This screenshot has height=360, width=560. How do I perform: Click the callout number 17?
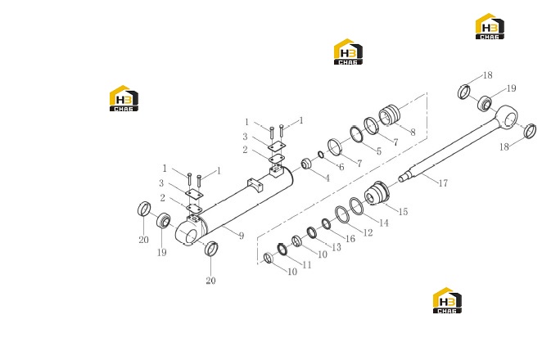pyautogui.click(x=443, y=183)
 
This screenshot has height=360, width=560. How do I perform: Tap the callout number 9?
pyautogui.click(x=242, y=236)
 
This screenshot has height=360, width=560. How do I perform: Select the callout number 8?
pyautogui.click(x=413, y=133)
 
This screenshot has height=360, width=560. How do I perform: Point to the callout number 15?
pyautogui.click(x=403, y=212)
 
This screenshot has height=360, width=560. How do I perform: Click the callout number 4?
pyautogui.click(x=327, y=178)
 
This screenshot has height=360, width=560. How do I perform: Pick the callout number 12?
pyautogui.click(x=368, y=232)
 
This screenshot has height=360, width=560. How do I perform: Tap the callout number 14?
pyautogui.click(x=384, y=223)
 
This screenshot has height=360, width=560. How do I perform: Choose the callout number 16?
pyautogui.click(x=350, y=239)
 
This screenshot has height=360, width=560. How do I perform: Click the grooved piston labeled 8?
pyautogui.click(x=391, y=115)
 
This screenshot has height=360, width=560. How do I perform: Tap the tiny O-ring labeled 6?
pyautogui.click(x=321, y=155)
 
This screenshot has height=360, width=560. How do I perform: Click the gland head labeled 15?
pyautogui.click(x=377, y=194)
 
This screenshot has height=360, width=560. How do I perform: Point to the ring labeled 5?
pyautogui.click(x=356, y=134)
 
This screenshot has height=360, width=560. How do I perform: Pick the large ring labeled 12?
pyautogui.click(x=341, y=215)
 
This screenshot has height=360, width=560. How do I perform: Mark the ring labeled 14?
pyautogui.click(x=356, y=206)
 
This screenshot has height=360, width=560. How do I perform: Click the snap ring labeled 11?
pyautogui.click(x=282, y=250)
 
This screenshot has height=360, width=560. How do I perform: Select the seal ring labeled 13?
pyautogui.click(x=312, y=232)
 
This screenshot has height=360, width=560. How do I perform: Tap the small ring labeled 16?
pyautogui.click(x=326, y=223)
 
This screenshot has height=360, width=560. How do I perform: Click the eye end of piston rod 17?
pyautogui.click(x=507, y=117)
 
